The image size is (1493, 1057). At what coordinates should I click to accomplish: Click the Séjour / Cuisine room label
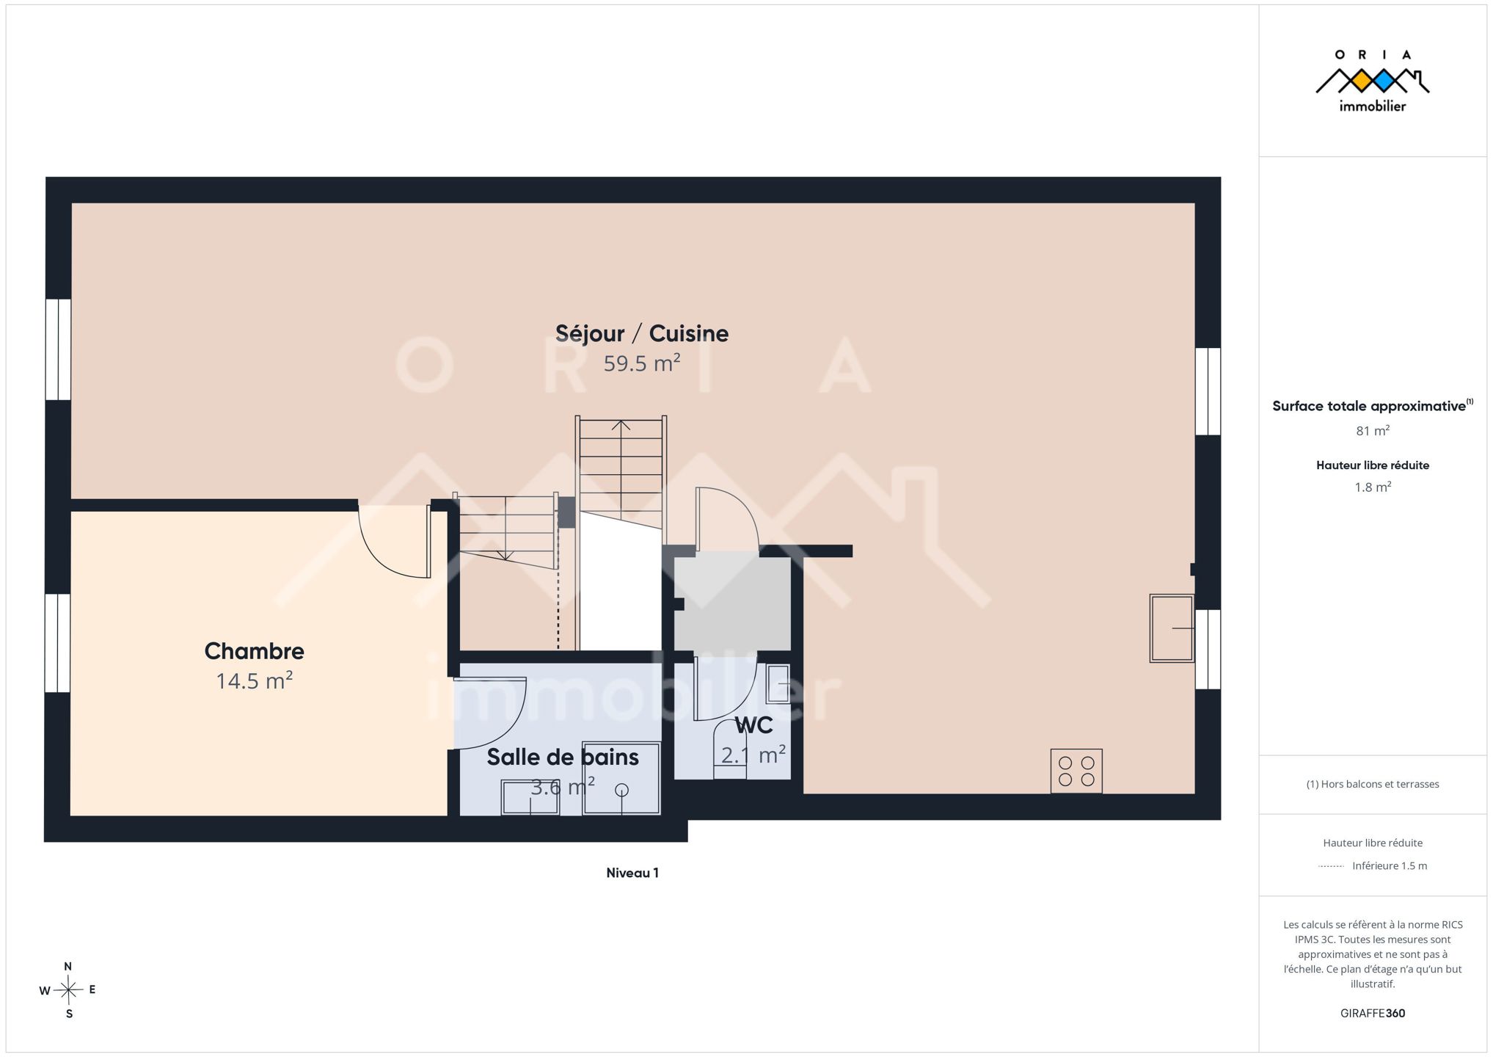642,334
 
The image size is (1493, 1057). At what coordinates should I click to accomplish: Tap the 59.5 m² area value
642,363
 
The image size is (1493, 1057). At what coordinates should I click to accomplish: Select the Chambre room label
254,651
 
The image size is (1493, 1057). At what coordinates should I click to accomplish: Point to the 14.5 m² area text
254,681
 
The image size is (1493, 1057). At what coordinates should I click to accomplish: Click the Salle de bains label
563,757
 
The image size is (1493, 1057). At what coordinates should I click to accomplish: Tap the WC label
753,725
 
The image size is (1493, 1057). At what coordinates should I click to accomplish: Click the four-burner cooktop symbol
1076,771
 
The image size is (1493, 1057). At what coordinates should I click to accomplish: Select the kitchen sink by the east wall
1172,628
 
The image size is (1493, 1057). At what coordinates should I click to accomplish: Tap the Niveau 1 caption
632,873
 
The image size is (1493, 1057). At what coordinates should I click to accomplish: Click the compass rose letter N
68,967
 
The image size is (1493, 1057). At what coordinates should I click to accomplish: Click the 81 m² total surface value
1373,431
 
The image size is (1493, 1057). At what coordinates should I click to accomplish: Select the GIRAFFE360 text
1373,1014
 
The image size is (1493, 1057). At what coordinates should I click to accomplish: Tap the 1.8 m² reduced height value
1373,487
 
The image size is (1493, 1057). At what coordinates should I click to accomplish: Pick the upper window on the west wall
58,349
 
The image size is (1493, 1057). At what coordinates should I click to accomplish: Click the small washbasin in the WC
778,684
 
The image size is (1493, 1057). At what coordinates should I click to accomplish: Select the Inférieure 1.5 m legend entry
1390,866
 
